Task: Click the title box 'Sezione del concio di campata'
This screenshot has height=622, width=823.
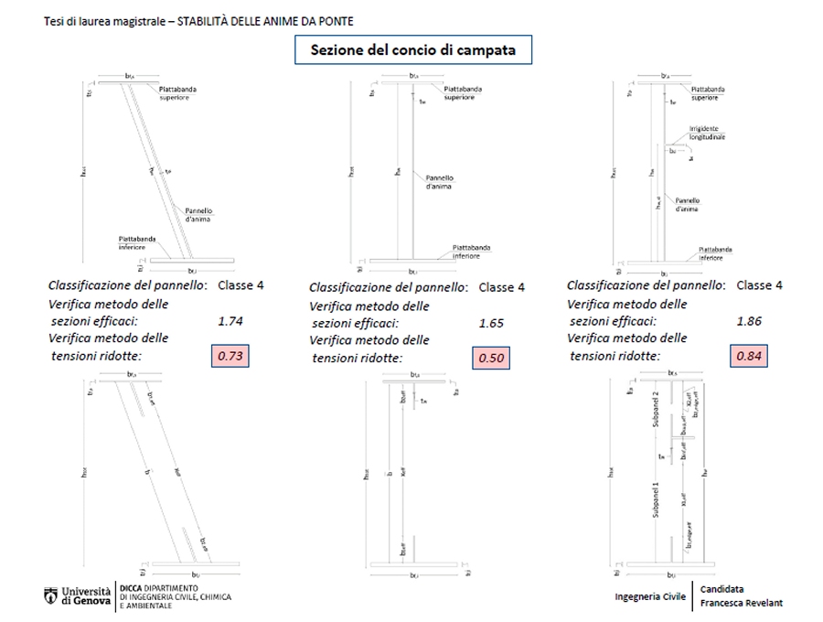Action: pos(413,50)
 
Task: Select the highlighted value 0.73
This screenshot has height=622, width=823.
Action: pos(230,356)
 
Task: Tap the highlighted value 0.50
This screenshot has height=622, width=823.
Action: pos(491,359)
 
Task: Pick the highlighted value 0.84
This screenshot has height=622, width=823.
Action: pos(748,356)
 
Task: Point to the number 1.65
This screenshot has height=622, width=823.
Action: pos(491,323)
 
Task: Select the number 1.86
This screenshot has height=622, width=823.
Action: pos(748,321)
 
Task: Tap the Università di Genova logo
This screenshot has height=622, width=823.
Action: pos(77,596)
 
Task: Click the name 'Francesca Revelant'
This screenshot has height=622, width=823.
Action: pos(742,603)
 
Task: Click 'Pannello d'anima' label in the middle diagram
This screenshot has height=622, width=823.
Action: pos(441,182)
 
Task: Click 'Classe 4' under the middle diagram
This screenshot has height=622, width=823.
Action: pos(502,287)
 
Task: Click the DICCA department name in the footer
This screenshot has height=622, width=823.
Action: pos(174,596)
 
